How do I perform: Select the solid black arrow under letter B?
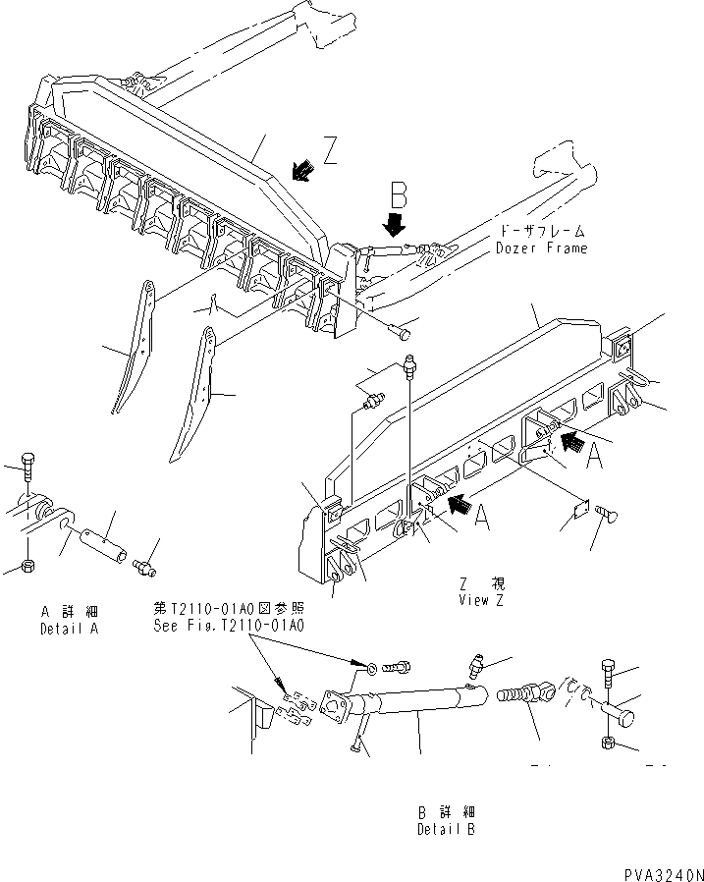coord(395,224)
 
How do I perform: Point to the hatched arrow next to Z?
coord(301,170)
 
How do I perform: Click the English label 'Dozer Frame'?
coord(542,248)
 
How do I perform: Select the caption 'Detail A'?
coord(69,628)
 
